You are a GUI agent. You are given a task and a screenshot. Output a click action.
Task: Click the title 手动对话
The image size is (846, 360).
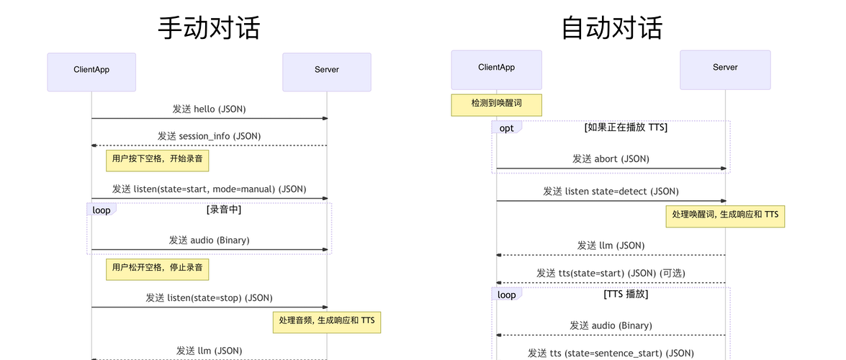tap(209, 28)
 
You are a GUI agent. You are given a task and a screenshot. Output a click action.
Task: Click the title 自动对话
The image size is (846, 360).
tap(611, 28)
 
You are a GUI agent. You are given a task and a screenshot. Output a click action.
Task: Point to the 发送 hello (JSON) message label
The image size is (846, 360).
tap(209, 109)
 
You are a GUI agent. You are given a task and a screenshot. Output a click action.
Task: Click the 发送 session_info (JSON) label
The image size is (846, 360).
tap(209, 136)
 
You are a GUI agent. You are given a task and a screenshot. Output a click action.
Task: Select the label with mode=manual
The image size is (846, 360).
tap(209, 189)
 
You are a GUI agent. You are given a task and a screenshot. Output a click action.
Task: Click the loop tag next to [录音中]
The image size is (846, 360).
tap(102, 210)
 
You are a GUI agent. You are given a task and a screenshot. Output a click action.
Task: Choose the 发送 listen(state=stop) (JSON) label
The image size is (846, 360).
tap(209, 297)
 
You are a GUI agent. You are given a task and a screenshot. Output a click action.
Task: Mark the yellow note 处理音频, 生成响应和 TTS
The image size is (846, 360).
tap(326, 322)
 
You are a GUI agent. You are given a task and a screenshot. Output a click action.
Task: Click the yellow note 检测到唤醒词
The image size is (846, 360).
tap(496, 104)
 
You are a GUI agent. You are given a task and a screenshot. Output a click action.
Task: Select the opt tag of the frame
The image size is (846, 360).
tap(507, 128)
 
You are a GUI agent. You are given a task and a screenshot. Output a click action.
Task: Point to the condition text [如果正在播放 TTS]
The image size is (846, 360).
tap(625, 127)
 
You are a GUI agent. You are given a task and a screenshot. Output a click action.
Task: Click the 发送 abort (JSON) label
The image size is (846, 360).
tap(611, 159)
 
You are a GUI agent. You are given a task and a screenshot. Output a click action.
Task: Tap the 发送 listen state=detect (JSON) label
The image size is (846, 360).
tap(611, 192)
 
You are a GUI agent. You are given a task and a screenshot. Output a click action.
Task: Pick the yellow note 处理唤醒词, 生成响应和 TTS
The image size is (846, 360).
tap(725, 215)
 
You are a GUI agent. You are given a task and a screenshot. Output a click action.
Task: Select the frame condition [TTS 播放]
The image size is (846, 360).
tap(625, 294)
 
